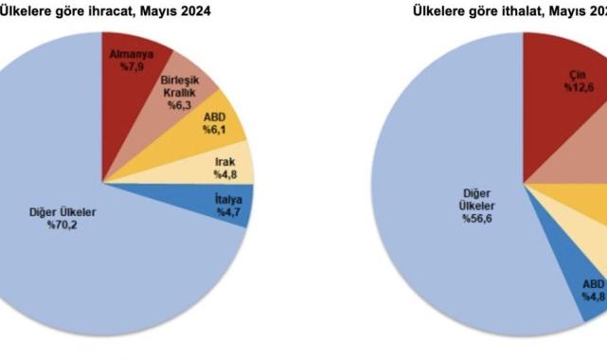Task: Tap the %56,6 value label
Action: click(x=477, y=219)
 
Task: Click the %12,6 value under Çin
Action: click(x=578, y=87)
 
